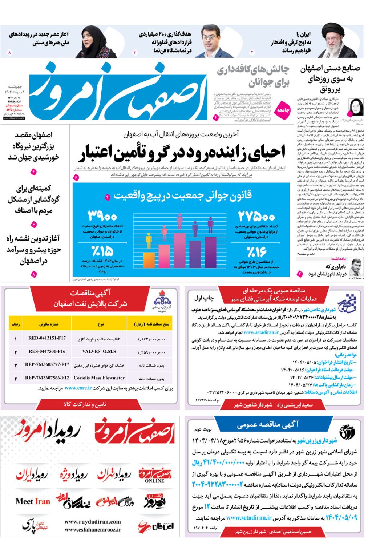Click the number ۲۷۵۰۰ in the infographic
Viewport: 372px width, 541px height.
(256, 217)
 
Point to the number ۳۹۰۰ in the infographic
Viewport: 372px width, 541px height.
(102, 216)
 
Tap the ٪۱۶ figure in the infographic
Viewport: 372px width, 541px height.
(256, 251)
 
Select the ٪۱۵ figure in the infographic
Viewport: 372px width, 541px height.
(102, 251)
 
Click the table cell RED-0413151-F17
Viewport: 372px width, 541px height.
(47, 338)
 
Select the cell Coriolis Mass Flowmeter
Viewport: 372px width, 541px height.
(99, 378)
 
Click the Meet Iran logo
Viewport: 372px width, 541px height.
(33, 501)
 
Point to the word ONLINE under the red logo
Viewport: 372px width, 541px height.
(155, 481)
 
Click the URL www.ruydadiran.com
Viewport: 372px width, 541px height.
(93, 522)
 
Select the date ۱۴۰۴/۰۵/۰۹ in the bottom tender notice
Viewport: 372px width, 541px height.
(341, 517)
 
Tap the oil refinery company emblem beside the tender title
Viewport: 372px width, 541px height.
(161, 300)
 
